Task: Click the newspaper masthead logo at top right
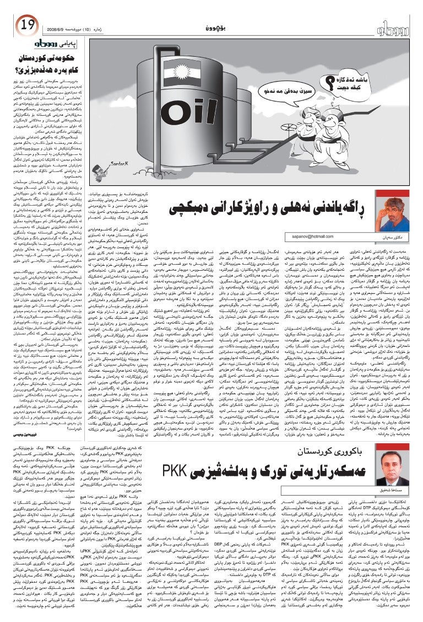point(392,26)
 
